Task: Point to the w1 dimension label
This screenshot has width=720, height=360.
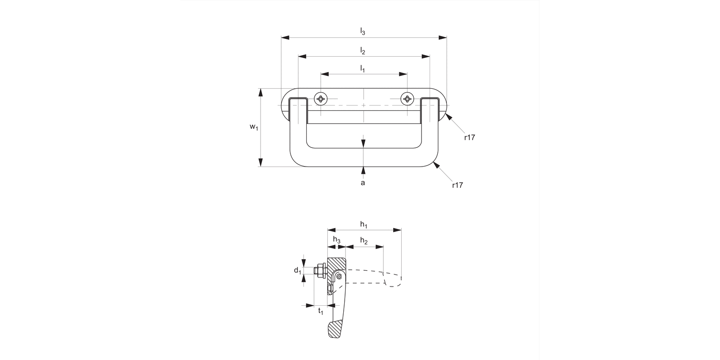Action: click(x=253, y=127)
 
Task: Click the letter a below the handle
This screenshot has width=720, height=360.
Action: click(x=363, y=183)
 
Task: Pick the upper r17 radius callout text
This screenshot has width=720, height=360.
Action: click(x=469, y=137)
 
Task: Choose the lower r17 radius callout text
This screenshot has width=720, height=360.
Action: click(x=457, y=185)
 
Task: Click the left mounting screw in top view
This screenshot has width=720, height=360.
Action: click(x=321, y=99)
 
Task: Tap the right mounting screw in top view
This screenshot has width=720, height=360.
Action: click(x=407, y=99)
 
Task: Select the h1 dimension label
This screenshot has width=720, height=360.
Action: click(x=363, y=225)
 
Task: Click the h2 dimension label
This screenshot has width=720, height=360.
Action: click(x=364, y=240)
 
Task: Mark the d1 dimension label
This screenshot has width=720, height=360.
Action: click(x=298, y=271)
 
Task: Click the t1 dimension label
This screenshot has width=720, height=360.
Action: click(x=321, y=311)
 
